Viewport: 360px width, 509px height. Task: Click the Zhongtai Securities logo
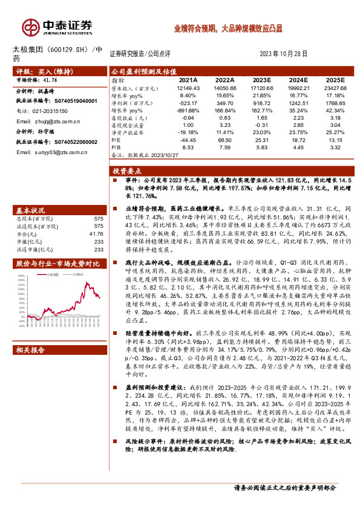click(58, 27)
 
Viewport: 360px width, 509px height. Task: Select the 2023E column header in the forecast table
click(261, 80)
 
